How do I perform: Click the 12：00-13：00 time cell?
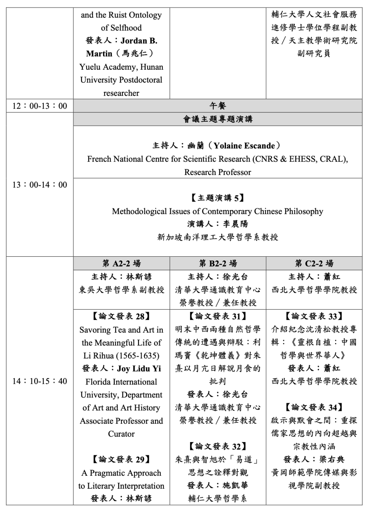[40, 106]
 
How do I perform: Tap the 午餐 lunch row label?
[218, 106]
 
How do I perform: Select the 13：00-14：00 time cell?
[40, 185]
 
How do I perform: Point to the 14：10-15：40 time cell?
[40, 381]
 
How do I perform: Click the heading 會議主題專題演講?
[218, 119]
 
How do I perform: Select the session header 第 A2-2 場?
[121, 264]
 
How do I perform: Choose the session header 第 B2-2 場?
[218, 264]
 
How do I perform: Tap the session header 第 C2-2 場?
[314, 264]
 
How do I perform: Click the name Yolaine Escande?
[244, 146]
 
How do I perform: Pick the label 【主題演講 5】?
[218, 198]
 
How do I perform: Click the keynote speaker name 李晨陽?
[235, 224]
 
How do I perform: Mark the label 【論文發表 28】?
[121, 316]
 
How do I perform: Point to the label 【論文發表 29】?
[121, 460]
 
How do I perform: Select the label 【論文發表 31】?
[218, 316]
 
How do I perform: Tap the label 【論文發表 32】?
[218, 446]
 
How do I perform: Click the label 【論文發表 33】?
[314, 316]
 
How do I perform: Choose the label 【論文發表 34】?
[314, 407]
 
